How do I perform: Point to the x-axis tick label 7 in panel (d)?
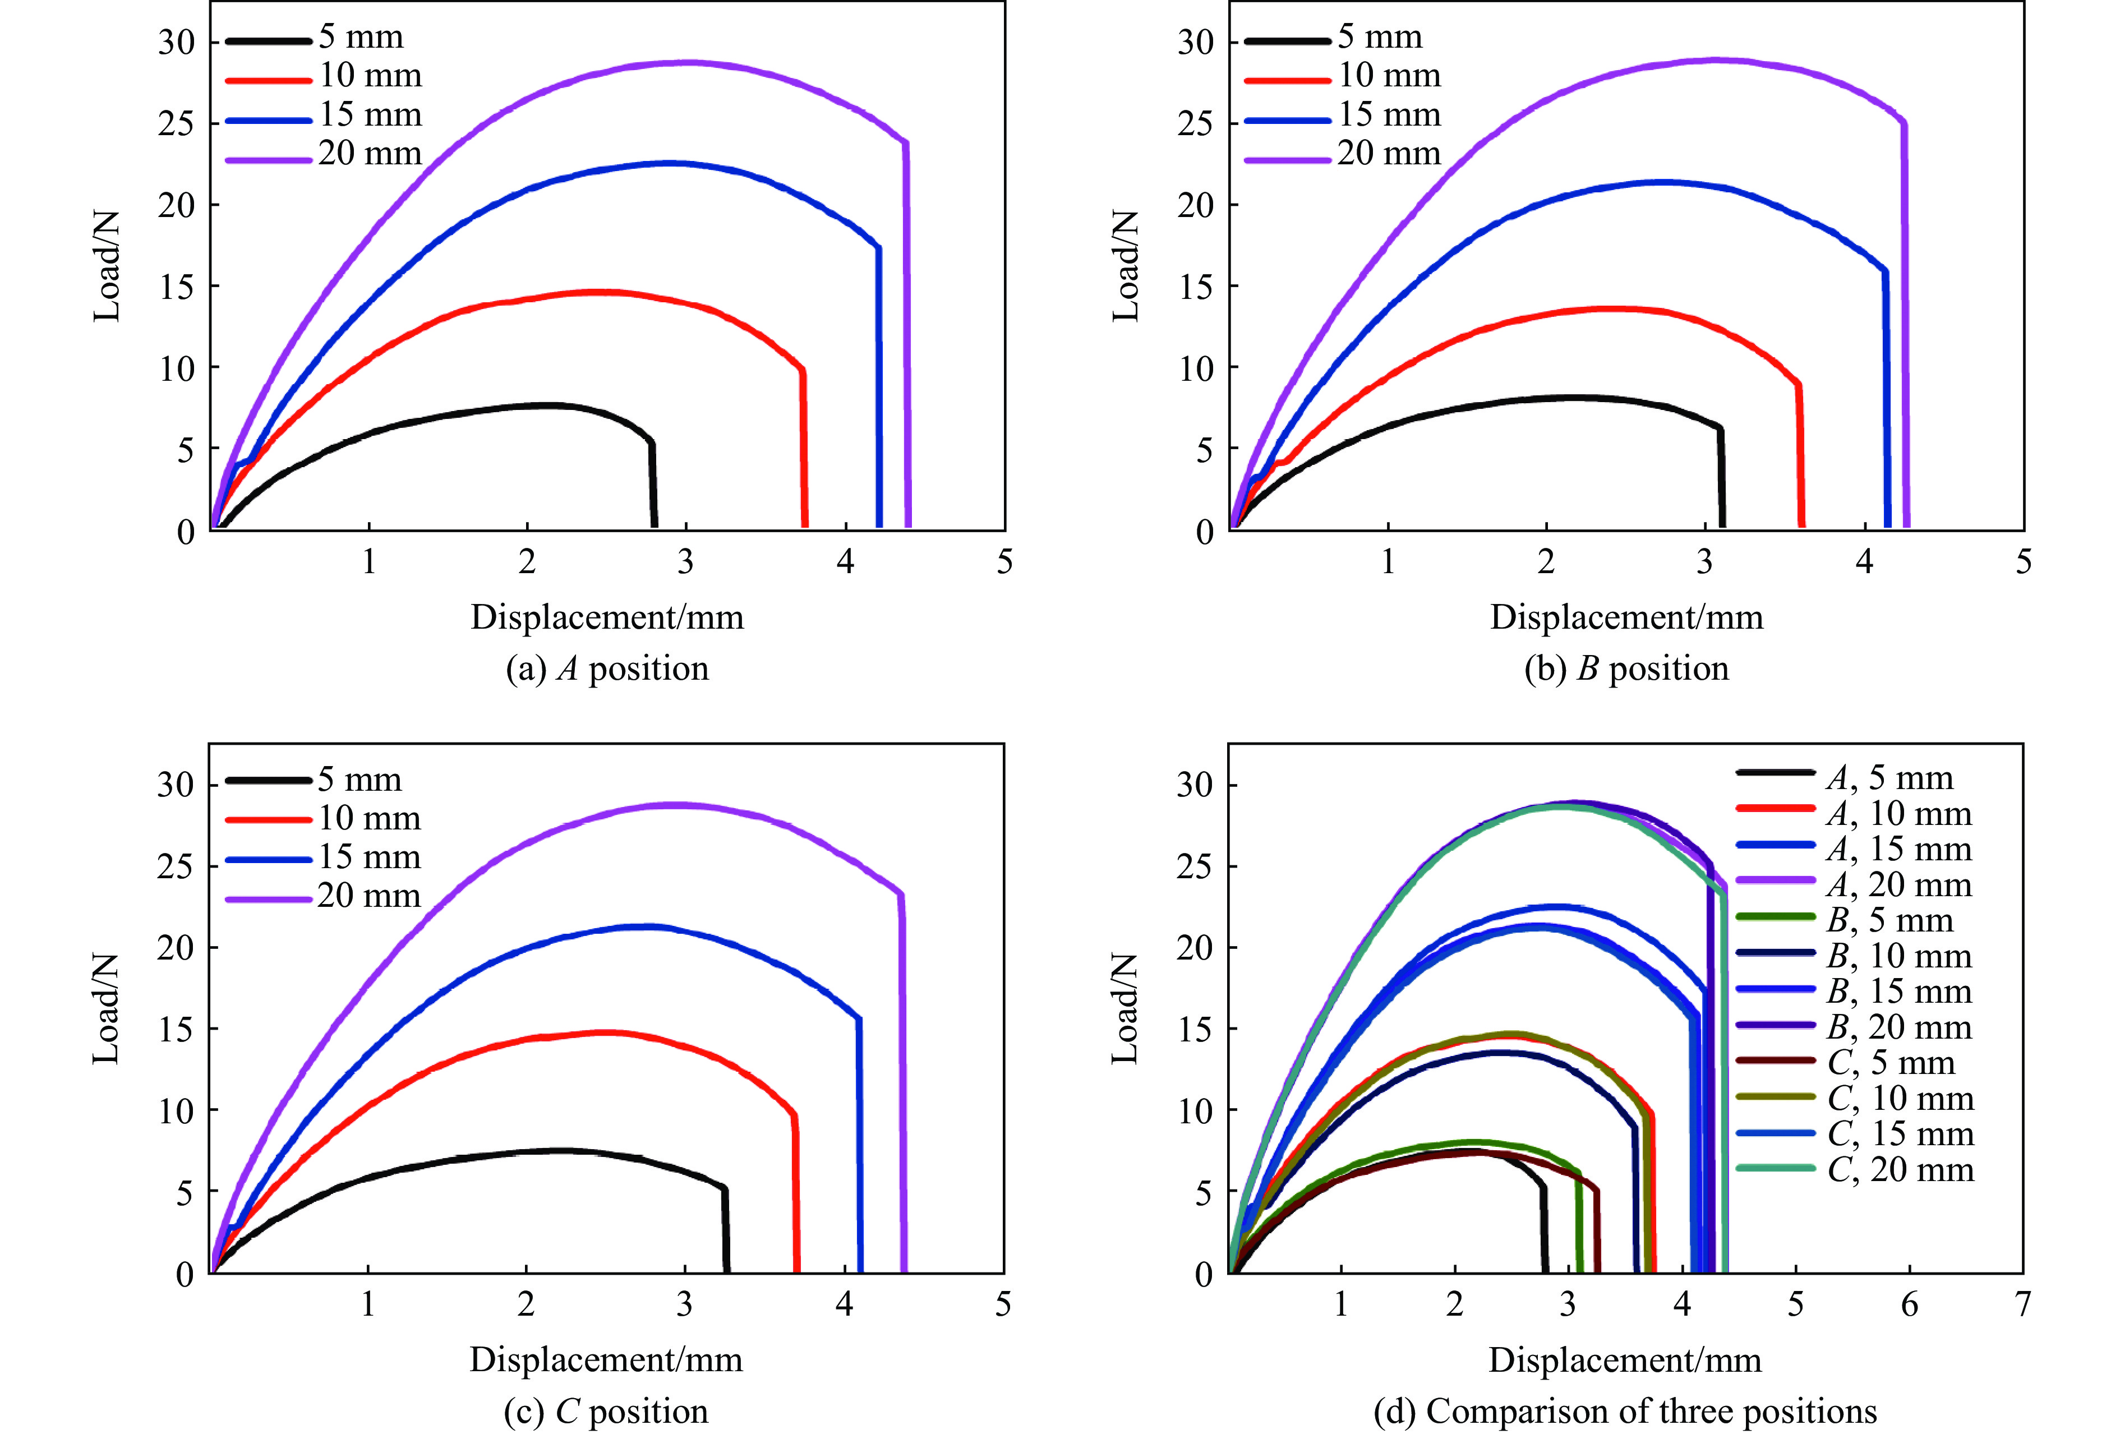(2022, 1304)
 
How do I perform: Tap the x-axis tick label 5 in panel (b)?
(2024, 562)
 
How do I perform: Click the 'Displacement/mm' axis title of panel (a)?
(607, 617)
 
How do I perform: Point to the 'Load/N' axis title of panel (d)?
(1124, 1008)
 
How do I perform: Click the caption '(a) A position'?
(607, 668)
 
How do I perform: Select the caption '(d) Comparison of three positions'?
(1625, 1411)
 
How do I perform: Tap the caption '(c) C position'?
(606, 1411)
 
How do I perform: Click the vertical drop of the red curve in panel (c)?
(796, 1195)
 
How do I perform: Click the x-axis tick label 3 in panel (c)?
(684, 1304)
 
